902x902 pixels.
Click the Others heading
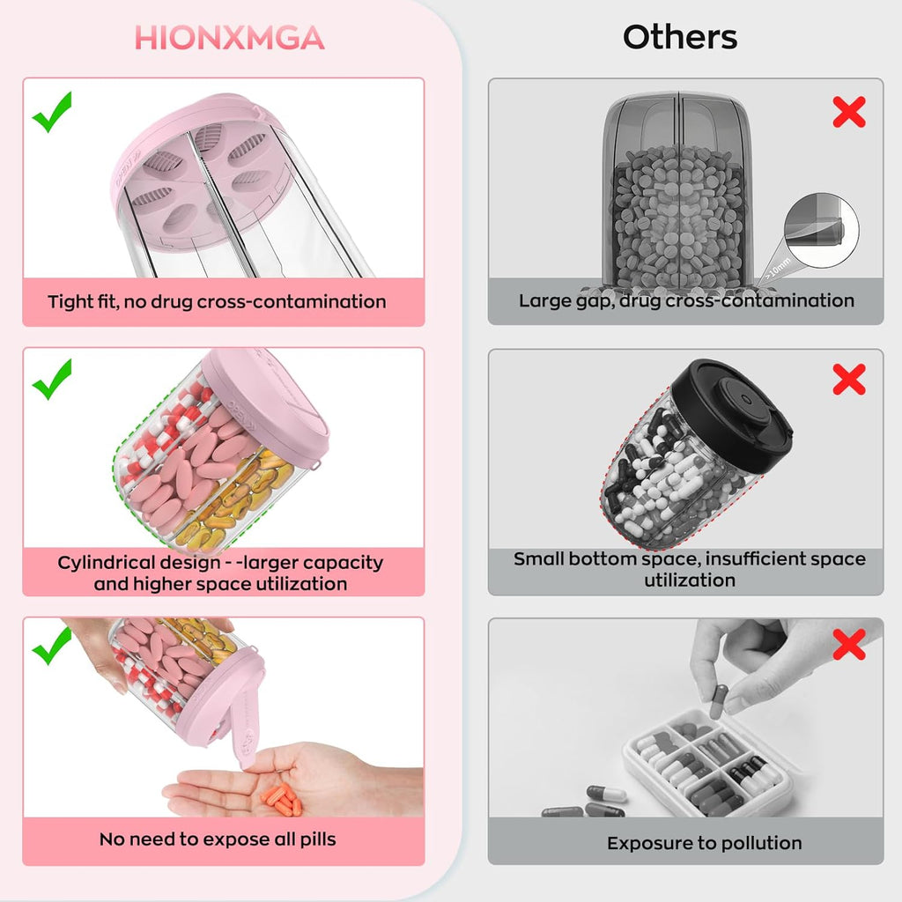pyautogui.click(x=680, y=37)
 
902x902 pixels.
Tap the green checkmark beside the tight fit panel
pyautogui.click(x=52, y=115)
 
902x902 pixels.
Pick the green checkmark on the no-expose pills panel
pyautogui.click(x=52, y=647)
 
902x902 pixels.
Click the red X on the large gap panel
pyautogui.click(x=848, y=112)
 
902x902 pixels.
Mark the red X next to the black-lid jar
pyautogui.click(x=848, y=379)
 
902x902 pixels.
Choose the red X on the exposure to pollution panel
pyautogui.click(x=848, y=646)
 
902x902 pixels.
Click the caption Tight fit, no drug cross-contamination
pyautogui.click(x=217, y=302)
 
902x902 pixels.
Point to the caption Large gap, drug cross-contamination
pyautogui.click(x=686, y=301)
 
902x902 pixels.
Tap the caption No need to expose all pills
pyautogui.click(x=218, y=839)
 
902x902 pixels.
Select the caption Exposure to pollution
pyautogui.click(x=704, y=843)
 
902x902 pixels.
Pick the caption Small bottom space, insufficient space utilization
pyautogui.click(x=689, y=569)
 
